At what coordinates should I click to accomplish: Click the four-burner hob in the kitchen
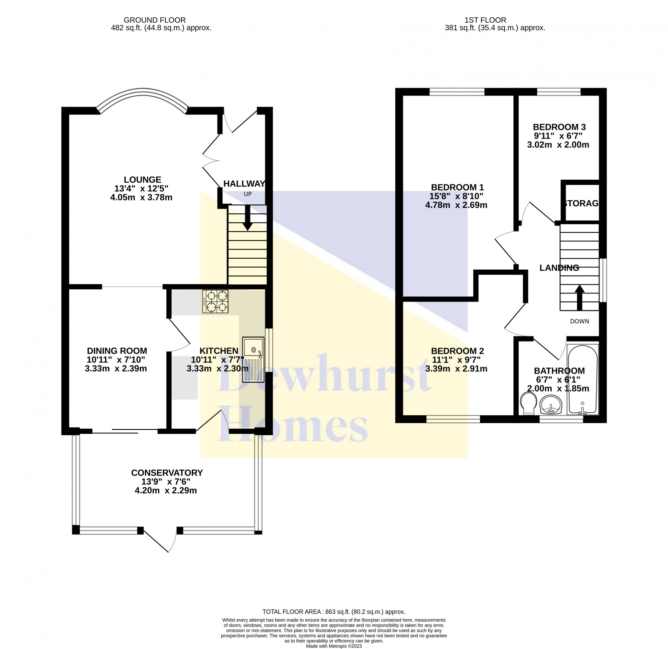[x=215, y=301]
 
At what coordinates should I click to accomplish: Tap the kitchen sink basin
[x=254, y=359]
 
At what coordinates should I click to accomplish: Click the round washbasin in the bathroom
[x=551, y=405]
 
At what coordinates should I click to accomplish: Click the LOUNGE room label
[x=143, y=180]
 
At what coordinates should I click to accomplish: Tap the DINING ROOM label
[x=117, y=351]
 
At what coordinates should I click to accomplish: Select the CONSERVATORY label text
[x=167, y=473]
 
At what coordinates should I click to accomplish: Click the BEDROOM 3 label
[x=559, y=127]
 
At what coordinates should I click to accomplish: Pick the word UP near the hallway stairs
[x=247, y=194]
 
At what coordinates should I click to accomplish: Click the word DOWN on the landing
[x=580, y=321]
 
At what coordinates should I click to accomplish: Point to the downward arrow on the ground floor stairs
[x=247, y=218]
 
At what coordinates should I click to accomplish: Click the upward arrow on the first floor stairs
[x=580, y=297]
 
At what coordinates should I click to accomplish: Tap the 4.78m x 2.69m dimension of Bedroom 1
[x=456, y=205]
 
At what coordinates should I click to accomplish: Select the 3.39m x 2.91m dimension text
[x=456, y=369]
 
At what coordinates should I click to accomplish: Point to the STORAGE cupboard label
[x=581, y=204]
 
